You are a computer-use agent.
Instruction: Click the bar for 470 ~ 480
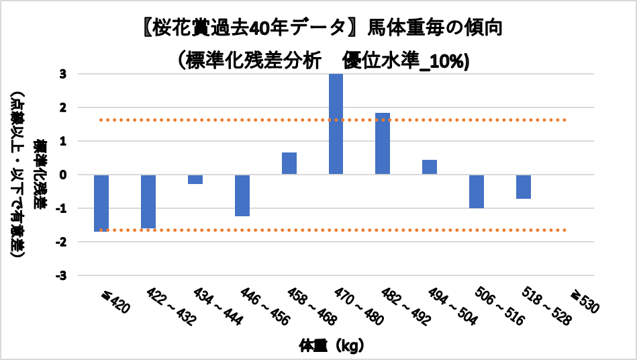tap(336, 124)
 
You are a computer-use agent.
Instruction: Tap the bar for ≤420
tap(101, 203)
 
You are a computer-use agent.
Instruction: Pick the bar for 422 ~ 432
tap(148, 201)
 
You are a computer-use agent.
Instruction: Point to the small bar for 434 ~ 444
tap(195, 179)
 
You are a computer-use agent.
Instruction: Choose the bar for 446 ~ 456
tap(242, 195)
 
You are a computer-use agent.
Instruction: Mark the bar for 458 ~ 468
tap(289, 163)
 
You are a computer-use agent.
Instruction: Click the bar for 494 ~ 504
tap(430, 167)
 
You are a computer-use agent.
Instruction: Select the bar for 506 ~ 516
tap(477, 191)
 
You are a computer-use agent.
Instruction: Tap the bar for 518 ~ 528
tap(524, 187)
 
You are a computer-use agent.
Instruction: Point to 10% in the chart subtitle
tap(453, 61)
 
